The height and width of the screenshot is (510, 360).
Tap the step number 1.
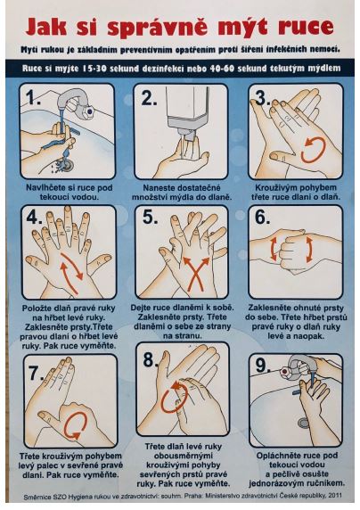[x=33, y=97]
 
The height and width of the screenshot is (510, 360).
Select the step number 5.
[x=150, y=217]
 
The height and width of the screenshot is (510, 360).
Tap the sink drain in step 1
[x=66, y=164]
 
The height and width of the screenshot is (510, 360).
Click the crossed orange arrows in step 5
[x=196, y=273]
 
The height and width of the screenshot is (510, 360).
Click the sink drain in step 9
[x=303, y=423]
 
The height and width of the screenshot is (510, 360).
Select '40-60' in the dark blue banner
[x=222, y=69]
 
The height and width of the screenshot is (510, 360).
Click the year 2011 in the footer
[x=335, y=496]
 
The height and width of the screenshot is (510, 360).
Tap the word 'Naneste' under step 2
[x=159, y=187]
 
